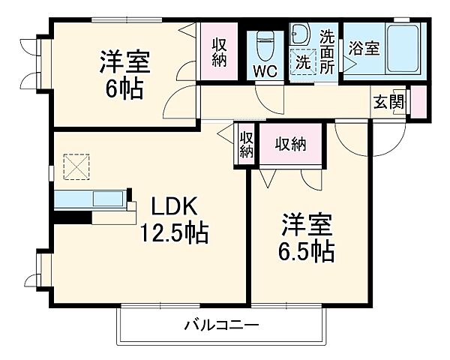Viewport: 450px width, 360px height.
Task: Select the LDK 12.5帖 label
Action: click(x=172, y=217)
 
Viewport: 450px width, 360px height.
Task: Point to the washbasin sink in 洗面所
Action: click(x=301, y=33)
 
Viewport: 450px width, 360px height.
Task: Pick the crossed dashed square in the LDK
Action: click(x=75, y=166)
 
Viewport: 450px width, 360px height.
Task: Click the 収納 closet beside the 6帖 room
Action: click(x=218, y=52)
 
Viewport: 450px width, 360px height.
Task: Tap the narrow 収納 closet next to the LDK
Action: click(x=247, y=145)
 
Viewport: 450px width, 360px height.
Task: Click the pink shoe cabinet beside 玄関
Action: click(x=418, y=102)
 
